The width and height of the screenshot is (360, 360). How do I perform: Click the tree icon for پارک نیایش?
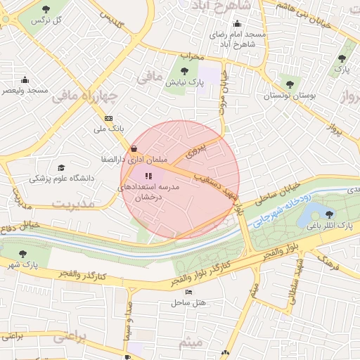185,70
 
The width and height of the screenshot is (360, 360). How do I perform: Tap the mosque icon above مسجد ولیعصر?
25,79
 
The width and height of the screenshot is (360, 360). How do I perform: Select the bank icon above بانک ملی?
108,118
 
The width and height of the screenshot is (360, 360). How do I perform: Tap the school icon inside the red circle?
148,176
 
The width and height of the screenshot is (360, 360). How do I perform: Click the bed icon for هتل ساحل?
188,292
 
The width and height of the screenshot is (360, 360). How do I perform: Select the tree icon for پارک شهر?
23,253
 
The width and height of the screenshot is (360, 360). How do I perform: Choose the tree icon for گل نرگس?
46,9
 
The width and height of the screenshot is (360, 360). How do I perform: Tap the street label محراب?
191,55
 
